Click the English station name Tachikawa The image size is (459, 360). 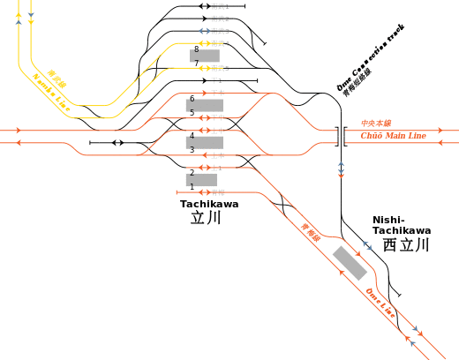click(209, 203)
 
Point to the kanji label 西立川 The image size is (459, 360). click(405, 244)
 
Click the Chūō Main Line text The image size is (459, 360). click(394, 136)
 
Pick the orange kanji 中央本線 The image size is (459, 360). click(376, 124)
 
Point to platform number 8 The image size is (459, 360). click(196, 49)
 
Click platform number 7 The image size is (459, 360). click(196, 64)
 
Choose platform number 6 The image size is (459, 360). click(192, 98)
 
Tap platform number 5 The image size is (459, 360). click(192, 112)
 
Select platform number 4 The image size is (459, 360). click(192, 136)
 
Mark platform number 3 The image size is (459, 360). click(192, 150)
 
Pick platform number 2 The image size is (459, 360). click(192, 173)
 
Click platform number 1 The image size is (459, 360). click(192, 187)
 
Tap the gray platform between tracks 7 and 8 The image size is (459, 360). click(206, 56)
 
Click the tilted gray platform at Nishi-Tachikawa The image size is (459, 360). click(350, 263)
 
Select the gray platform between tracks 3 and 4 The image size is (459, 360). click(205, 142)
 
